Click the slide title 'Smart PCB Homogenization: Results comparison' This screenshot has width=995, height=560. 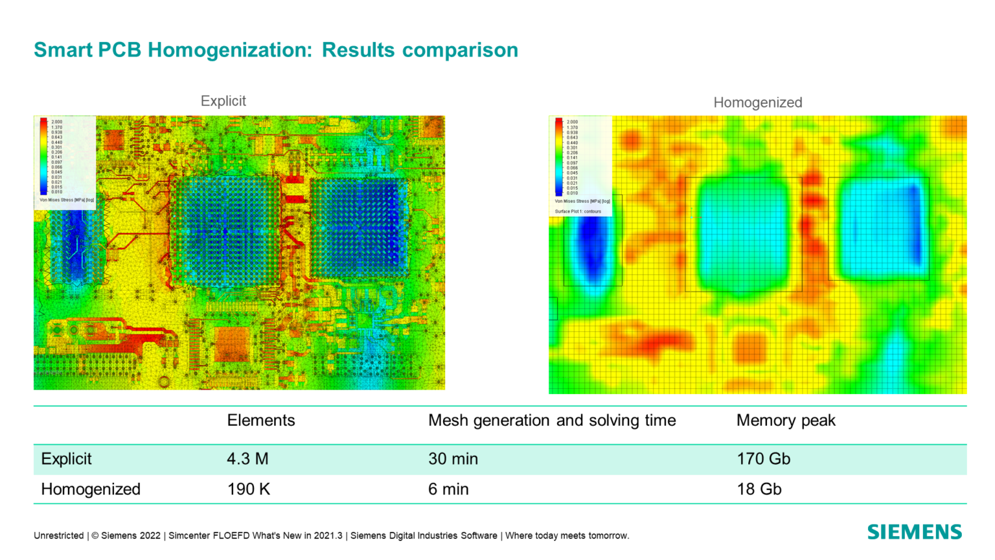[276, 50]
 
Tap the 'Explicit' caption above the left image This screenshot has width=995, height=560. [223, 101]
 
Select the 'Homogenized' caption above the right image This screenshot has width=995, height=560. [757, 102]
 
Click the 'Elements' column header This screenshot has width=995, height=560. [260, 421]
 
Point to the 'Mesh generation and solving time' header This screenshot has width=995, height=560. [551, 421]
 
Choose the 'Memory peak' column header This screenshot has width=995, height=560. [785, 421]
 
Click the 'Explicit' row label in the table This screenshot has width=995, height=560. [66, 459]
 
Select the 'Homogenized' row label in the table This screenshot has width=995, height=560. [91, 489]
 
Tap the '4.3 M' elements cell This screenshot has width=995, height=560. [247, 459]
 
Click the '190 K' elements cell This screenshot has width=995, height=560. [248, 489]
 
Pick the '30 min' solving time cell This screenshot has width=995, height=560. [453, 459]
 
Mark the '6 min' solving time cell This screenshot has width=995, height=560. [448, 489]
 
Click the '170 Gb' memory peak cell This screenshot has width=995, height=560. [763, 459]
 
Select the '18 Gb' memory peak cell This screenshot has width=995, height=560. [759, 489]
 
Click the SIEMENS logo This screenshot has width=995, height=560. [914, 532]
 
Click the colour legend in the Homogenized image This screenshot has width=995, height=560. [580, 162]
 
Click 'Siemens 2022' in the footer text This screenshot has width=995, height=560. [130, 536]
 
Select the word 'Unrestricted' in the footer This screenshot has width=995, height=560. [58, 536]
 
